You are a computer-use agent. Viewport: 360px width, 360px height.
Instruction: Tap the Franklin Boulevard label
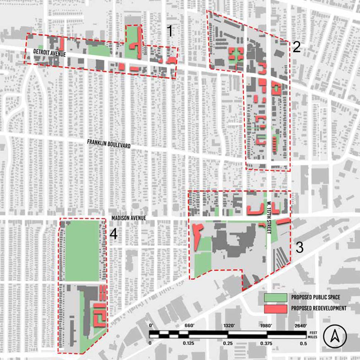109,144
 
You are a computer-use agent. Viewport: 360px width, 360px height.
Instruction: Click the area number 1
169,31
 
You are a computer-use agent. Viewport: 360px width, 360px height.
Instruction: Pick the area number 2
296,47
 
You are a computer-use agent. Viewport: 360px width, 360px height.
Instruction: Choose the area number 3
300,248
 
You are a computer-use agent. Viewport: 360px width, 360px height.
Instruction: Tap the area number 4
113,234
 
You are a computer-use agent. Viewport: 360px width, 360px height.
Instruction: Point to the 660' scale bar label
190,326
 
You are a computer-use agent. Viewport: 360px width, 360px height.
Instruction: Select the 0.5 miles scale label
304,343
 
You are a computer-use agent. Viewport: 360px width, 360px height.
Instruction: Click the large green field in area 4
82,250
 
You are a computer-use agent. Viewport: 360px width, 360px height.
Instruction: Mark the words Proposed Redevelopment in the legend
319,308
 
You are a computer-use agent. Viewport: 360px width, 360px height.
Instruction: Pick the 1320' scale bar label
228,326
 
